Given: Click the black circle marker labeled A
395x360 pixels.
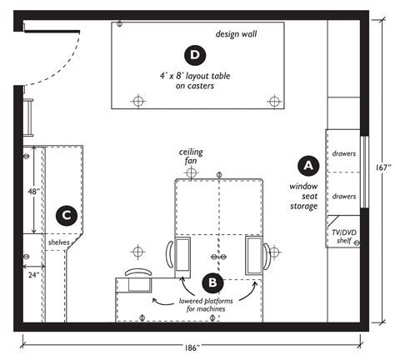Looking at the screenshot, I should tap(306, 165).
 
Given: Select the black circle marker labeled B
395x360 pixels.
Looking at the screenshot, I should tap(210, 282).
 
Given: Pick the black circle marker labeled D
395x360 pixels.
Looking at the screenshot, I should tap(196, 56).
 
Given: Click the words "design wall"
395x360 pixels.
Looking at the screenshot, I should tap(236, 35).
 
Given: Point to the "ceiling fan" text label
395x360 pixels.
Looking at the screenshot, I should tap(192, 157).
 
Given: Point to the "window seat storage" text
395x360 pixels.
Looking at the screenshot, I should tap(304, 196).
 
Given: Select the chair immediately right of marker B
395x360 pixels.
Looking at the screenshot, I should tap(255, 253).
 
